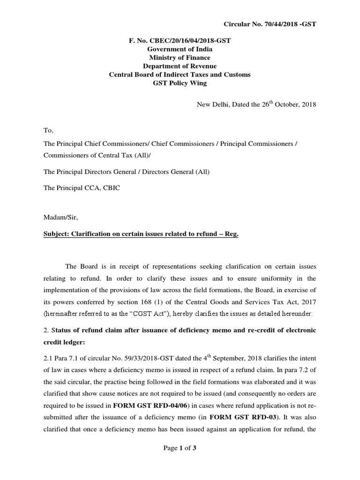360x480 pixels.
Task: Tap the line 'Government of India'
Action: (180, 49)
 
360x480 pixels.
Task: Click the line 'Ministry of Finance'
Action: (180, 58)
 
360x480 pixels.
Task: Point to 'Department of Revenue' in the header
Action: (180, 66)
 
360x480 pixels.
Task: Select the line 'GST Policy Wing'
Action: (180, 83)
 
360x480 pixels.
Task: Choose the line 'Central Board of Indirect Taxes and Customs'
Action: (180, 75)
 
